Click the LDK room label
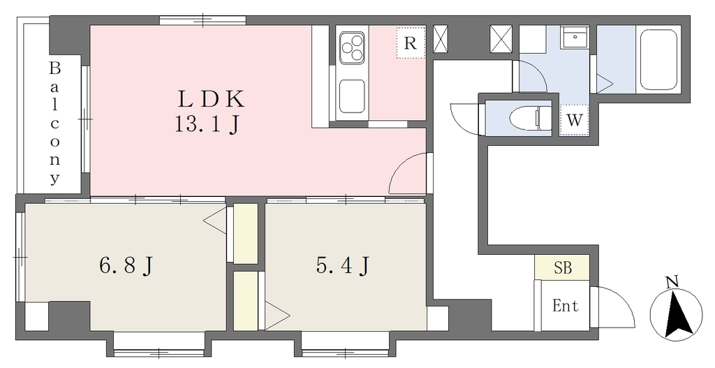coord(212,99)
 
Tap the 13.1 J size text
coord(207,124)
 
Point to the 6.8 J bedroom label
coord(126,265)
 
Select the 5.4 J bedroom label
coord(342,265)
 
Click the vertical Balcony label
coord(54,124)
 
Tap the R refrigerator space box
coord(411,43)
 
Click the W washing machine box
coord(574,120)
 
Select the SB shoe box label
coord(563,267)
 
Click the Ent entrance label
coord(566,306)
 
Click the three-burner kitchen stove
coord(353,47)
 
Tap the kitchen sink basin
coord(352,96)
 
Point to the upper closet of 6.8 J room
coord(246,234)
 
